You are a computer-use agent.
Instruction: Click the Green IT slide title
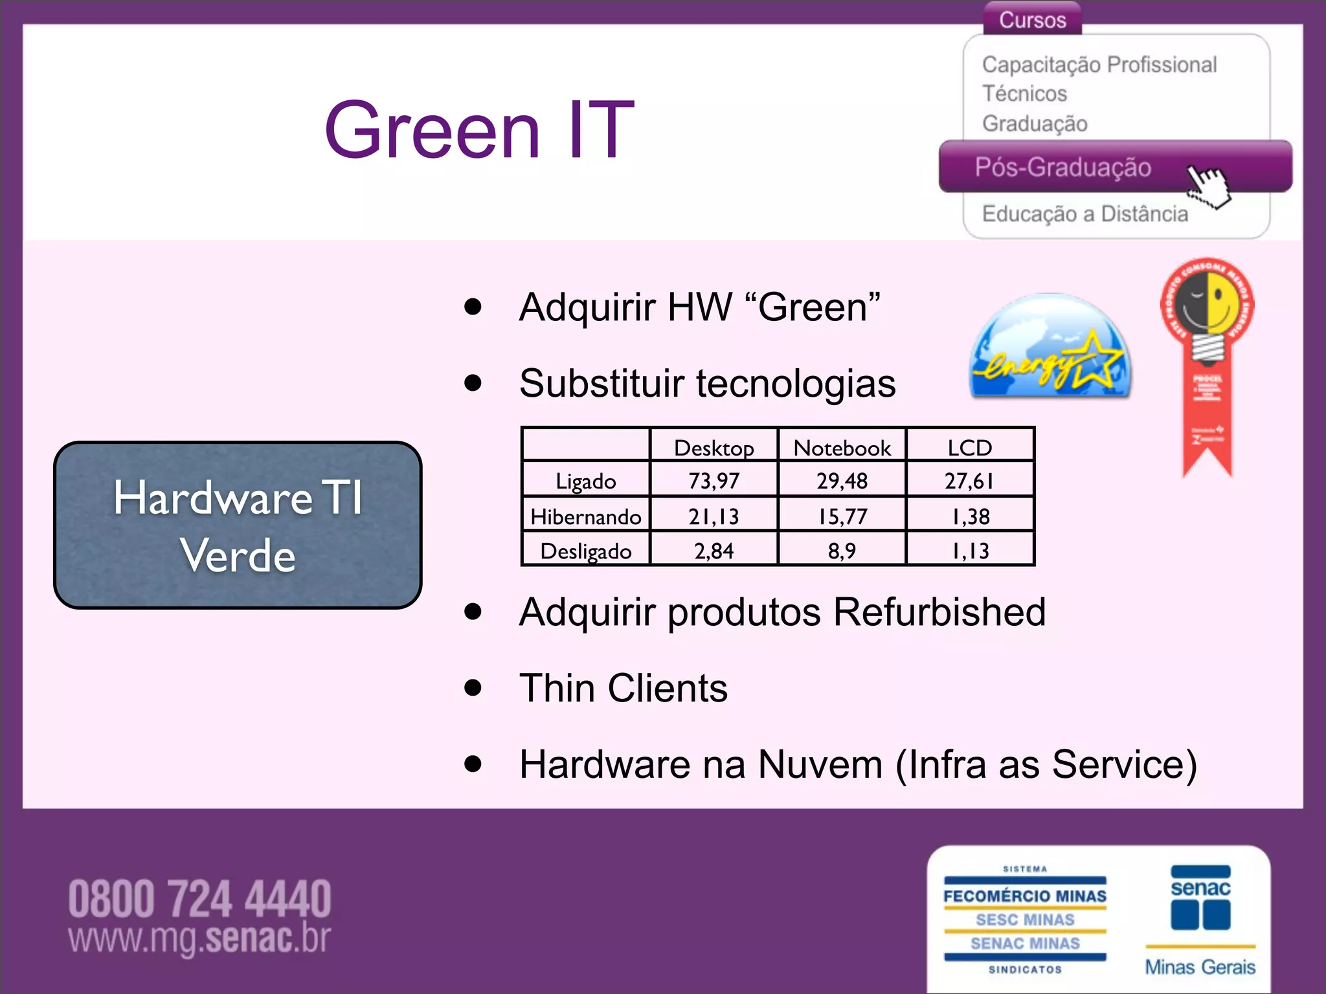tap(479, 129)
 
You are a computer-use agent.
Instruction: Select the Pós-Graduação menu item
tap(1062, 167)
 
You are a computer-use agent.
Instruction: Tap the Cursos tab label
tap(1032, 19)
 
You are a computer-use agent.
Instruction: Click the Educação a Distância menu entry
tap(1084, 214)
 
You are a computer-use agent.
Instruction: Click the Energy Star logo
tap(1050, 347)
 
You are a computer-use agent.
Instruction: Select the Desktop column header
tap(714, 447)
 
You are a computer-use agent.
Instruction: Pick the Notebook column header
tap(842, 447)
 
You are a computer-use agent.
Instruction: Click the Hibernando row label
tap(585, 516)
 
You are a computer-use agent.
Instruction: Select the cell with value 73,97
tap(714, 480)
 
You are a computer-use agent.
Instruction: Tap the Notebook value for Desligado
tap(842, 550)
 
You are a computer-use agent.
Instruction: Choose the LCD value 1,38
tap(970, 516)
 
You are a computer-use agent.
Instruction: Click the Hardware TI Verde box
tap(238, 525)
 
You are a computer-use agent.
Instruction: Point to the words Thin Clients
tap(624, 687)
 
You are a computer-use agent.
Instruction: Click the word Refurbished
tap(939, 612)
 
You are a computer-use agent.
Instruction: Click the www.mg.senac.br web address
tap(199, 938)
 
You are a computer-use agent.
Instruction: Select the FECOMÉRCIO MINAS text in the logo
tap(1025, 896)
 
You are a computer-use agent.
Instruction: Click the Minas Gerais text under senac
tap(1200, 967)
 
